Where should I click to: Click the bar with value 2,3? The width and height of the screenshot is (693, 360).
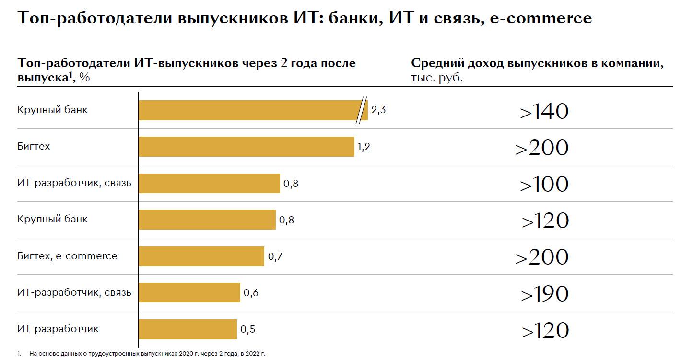pos(249,110)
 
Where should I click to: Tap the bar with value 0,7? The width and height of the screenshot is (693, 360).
pos(201,256)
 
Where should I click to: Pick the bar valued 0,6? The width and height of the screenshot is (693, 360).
pos(189,292)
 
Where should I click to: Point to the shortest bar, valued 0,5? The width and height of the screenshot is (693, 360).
pos(188,329)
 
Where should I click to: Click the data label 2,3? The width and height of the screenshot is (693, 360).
pos(378,110)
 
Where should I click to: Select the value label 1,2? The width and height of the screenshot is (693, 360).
pos(364,147)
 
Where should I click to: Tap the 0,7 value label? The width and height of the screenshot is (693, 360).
pos(275,256)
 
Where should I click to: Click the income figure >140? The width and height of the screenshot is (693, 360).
pos(544,111)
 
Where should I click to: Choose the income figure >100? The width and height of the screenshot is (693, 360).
pos(544,184)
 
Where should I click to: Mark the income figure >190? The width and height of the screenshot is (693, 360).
pos(544,293)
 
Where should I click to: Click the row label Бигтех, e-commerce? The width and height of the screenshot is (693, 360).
pos(67,256)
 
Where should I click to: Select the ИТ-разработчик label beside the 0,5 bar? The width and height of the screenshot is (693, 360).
pos(58,329)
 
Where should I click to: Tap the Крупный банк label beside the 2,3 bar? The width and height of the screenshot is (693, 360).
pos(53,110)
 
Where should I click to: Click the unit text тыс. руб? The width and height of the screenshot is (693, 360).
pos(437,78)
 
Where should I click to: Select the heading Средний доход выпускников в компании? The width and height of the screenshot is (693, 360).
pos(537,64)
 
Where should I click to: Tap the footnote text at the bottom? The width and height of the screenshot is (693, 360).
pos(144,354)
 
